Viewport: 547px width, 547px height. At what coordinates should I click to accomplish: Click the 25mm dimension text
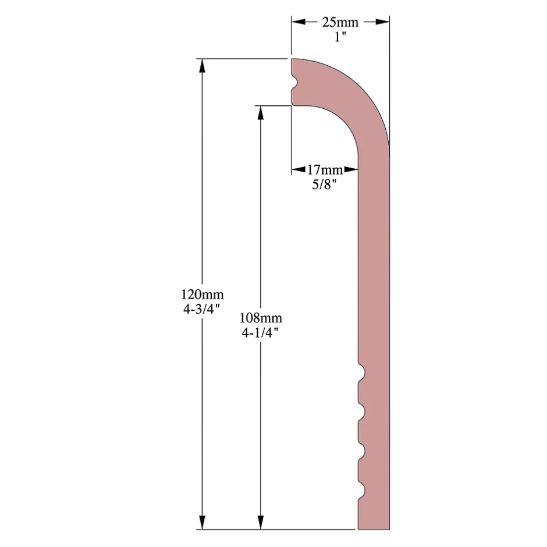340,22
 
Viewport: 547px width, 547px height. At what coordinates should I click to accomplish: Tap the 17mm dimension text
325,170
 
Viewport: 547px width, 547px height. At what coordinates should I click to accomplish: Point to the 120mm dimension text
203,294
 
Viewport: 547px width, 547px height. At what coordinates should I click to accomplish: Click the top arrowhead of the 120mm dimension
203,66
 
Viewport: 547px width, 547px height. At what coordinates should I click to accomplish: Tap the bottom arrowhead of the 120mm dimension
203,522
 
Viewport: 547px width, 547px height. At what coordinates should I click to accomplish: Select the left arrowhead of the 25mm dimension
299,22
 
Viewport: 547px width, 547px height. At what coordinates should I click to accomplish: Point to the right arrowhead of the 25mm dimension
382,22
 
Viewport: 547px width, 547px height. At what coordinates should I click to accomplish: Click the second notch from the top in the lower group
361,412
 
